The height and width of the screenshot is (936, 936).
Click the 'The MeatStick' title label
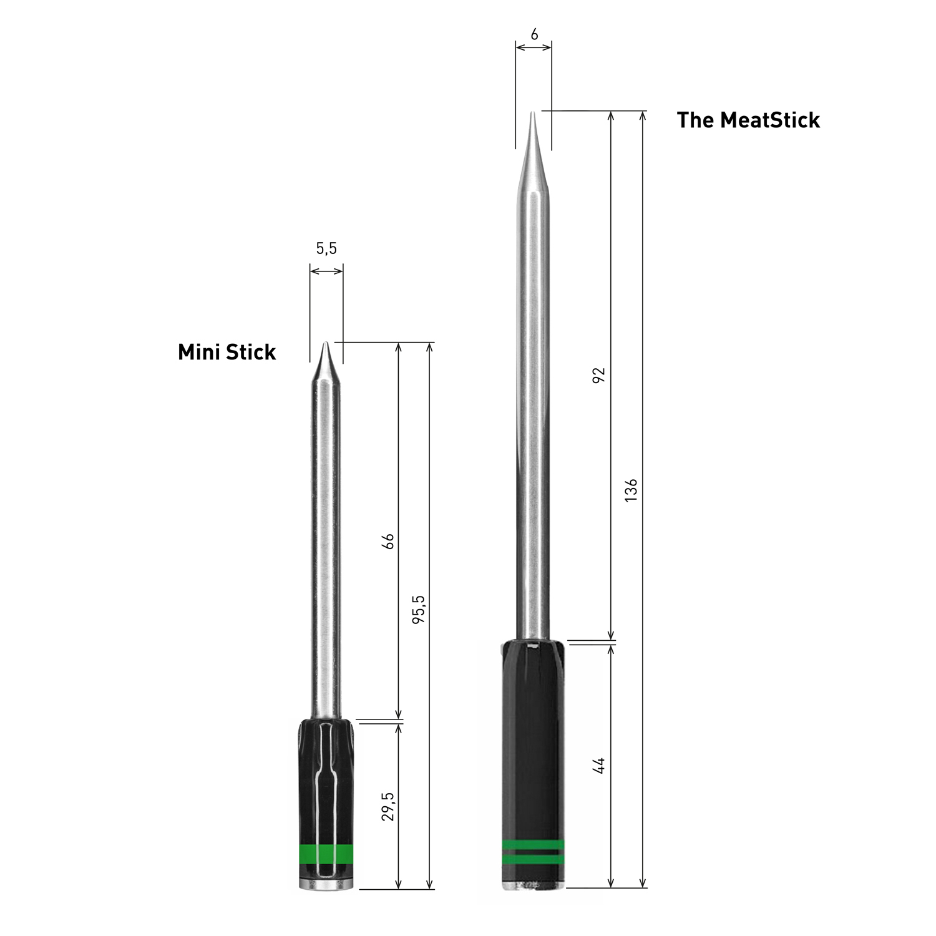point(748,120)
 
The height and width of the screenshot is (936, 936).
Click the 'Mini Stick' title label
point(227,352)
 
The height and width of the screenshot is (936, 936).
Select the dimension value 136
point(631,490)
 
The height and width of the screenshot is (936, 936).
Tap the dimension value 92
point(598,375)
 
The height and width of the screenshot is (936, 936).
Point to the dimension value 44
point(598,765)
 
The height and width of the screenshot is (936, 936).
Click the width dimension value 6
point(534,35)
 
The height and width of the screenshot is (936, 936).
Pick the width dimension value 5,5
point(326,248)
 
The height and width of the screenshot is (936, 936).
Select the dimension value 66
point(388,540)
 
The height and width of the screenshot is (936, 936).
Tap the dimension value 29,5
point(388,806)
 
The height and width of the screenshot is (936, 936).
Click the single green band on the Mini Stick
point(326,853)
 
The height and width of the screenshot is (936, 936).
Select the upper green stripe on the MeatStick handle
point(533,846)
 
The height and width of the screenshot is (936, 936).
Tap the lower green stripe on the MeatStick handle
point(533,859)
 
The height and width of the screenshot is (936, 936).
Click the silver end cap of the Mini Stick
point(326,885)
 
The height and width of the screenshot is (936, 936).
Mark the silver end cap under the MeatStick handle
point(534,884)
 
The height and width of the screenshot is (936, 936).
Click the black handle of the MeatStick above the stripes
point(533,736)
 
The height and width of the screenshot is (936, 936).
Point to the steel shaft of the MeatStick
point(534,406)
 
